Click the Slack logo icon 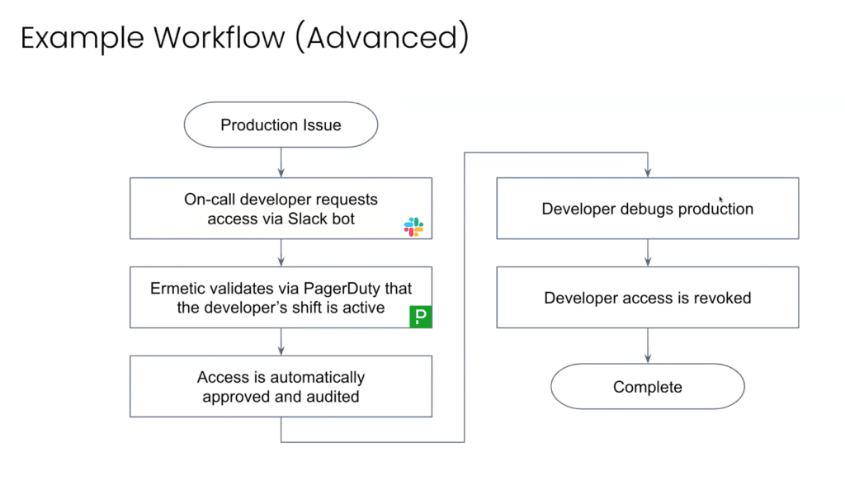pos(414,227)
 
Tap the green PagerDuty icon pos(421,317)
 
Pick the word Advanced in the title pos(382,38)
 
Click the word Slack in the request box pos(307,219)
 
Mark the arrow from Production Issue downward pos(281,162)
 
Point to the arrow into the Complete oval pos(648,346)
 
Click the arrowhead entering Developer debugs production pos(648,173)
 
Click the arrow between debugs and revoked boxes pos(648,252)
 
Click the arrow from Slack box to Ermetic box pos(281,252)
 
